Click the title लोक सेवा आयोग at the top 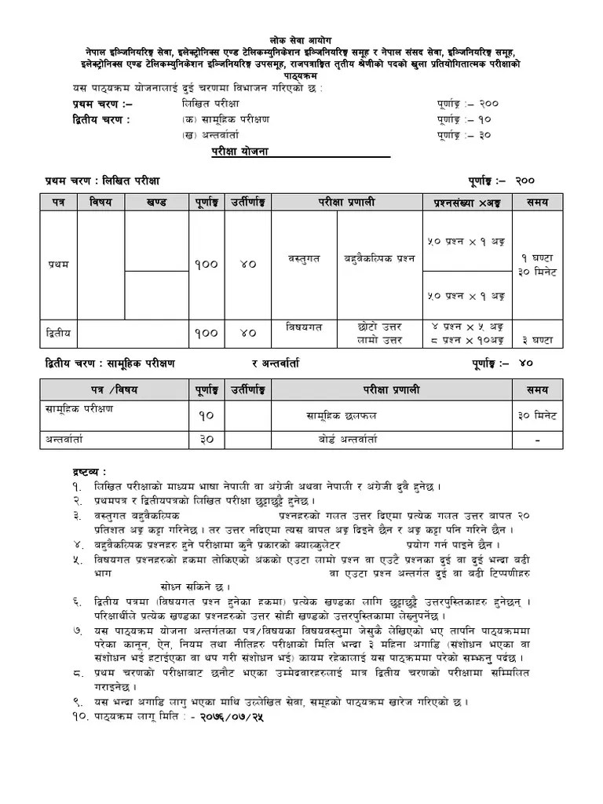point(301,38)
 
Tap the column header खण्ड point(156,203)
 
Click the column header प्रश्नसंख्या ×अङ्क point(467,203)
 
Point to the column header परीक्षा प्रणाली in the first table point(346,203)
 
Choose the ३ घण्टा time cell point(537,340)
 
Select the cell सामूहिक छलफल point(342,416)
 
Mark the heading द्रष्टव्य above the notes point(84,471)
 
